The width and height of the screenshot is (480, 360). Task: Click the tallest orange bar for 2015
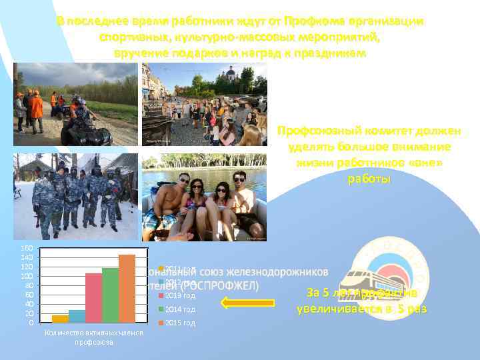pos(127,289)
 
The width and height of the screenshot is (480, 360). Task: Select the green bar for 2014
pos(110,295)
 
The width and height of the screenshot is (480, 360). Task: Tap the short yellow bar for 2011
pos(60,319)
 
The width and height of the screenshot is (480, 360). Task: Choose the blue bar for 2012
pos(77,316)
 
